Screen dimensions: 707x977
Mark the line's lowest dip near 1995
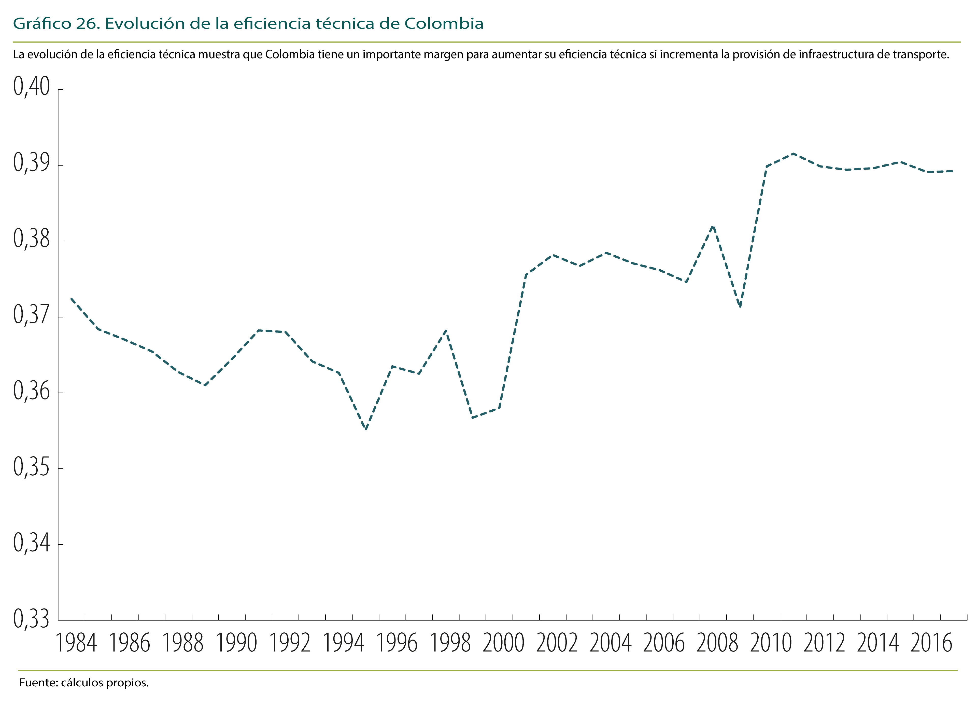pos(366,429)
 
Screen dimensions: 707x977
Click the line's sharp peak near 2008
pos(713,226)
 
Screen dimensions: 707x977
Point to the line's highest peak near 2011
pos(793,153)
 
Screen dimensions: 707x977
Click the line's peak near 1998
pos(446,330)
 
